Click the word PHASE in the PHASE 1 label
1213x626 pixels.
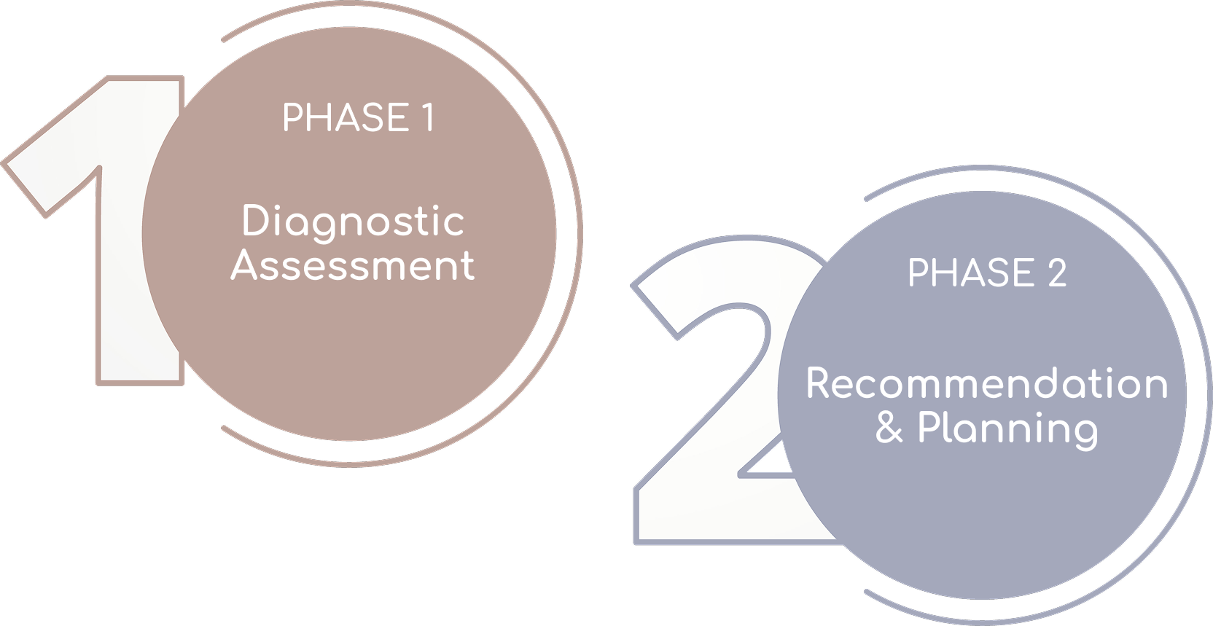(x=346, y=118)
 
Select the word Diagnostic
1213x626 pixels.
(x=353, y=222)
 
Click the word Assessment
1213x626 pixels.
(x=353, y=265)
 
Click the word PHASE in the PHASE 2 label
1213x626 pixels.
(x=970, y=273)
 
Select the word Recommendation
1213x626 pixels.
(x=987, y=383)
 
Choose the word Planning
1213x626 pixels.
(x=1007, y=429)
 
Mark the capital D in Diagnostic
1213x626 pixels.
(x=256, y=221)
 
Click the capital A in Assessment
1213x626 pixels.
(x=244, y=265)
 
